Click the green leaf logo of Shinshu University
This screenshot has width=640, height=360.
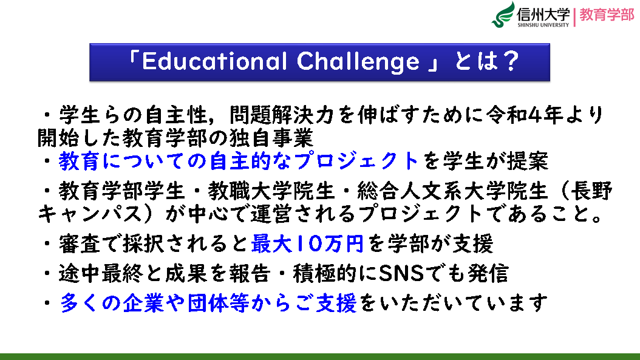click(x=503, y=15)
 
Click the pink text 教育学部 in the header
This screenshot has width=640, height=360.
click(x=607, y=15)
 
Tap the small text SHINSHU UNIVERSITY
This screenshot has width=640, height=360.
click(x=543, y=25)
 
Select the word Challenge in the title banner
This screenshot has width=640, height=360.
click(x=358, y=62)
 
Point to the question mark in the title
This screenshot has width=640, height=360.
click(x=510, y=61)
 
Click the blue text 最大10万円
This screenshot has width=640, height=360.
click(x=307, y=243)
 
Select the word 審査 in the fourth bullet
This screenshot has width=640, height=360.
click(x=79, y=243)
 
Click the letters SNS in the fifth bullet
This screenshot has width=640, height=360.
click(x=401, y=273)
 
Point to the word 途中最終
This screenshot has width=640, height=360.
click(x=101, y=273)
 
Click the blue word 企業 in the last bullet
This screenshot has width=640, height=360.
click(x=143, y=303)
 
